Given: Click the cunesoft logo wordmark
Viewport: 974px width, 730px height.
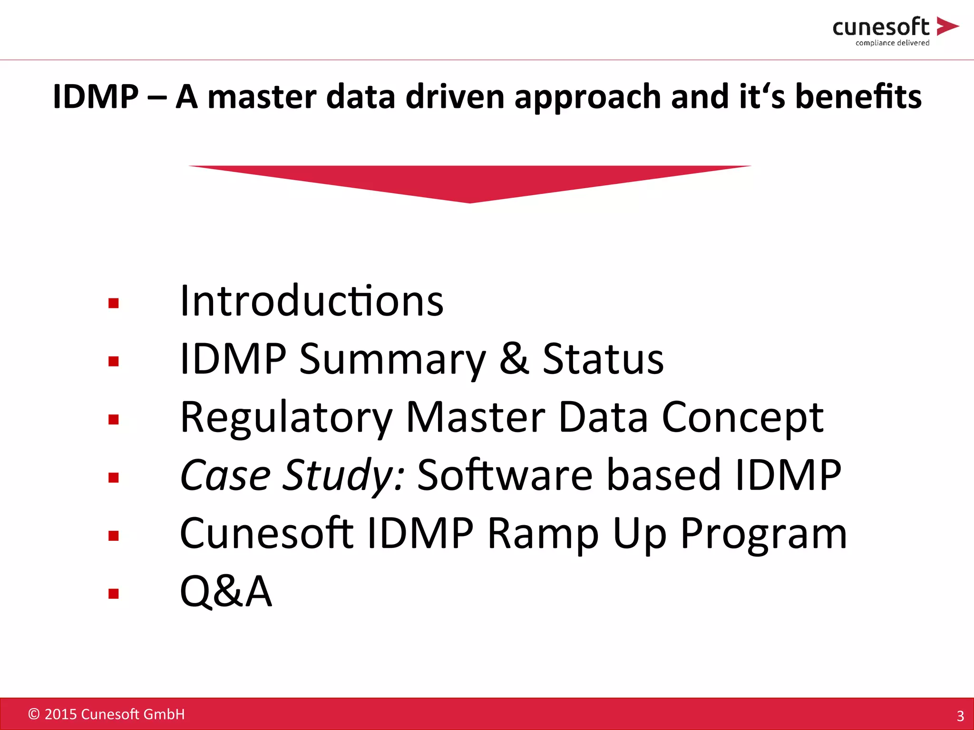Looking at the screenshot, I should (881, 27).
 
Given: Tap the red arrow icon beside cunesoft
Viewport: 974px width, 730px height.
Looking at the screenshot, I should (947, 26).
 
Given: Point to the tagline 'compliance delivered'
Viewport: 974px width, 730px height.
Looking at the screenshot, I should (892, 43).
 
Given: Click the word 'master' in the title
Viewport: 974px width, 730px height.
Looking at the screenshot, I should (262, 97).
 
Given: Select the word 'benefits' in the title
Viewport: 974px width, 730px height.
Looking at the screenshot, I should (858, 96).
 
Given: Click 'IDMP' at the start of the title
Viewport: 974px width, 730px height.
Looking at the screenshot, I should (95, 97).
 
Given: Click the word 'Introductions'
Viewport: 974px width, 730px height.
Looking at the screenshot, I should (312, 301).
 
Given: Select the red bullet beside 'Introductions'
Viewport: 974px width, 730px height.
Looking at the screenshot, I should (113, 303).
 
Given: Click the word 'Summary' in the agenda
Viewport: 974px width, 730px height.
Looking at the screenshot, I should (392, 360).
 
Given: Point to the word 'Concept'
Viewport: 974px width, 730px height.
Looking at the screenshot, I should (743, 418).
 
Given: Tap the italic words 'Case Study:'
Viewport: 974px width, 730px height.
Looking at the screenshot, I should (292, 476).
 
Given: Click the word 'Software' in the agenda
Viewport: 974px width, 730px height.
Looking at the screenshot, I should (505, 475).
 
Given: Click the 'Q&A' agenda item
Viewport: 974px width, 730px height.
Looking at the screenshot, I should (226, 592).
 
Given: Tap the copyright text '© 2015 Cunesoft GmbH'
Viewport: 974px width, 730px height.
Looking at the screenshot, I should (107, 714).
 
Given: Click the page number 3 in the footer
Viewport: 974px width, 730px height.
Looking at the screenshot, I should (960, 716).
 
